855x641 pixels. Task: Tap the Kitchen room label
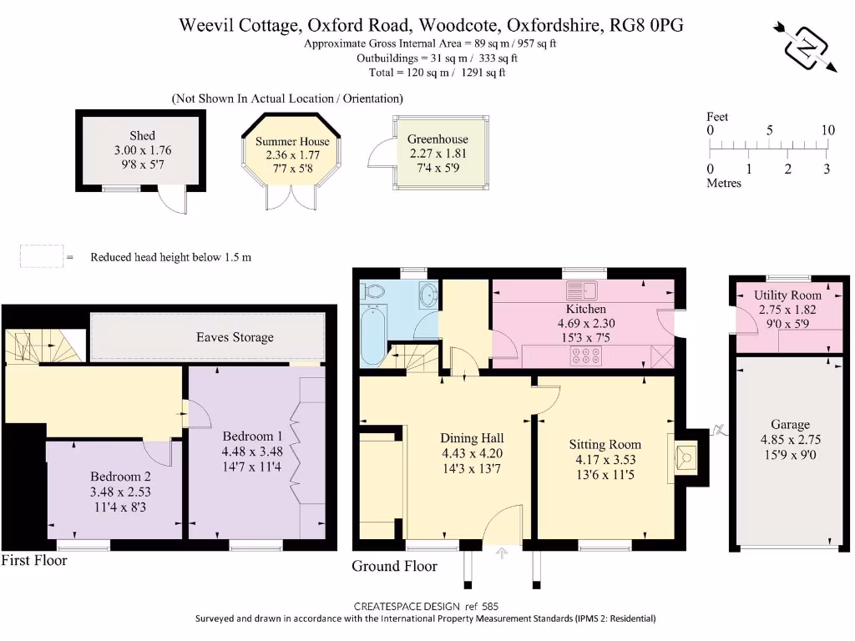tap(585, 309)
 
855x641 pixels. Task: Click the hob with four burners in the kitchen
tap(584, 356)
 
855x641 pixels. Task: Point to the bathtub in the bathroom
tap(372, 335)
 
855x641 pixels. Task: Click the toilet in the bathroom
tap(372, 290)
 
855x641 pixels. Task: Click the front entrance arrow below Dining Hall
tap(503, 551)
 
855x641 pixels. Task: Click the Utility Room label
tap(787, 295)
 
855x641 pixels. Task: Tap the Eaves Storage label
tap(235, 337)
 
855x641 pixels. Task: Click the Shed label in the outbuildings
tap(142, 135)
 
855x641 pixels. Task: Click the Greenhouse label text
tap(438, 139)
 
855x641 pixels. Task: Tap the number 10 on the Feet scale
tap(827, 130)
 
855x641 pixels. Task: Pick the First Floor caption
tap(34, 560)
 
